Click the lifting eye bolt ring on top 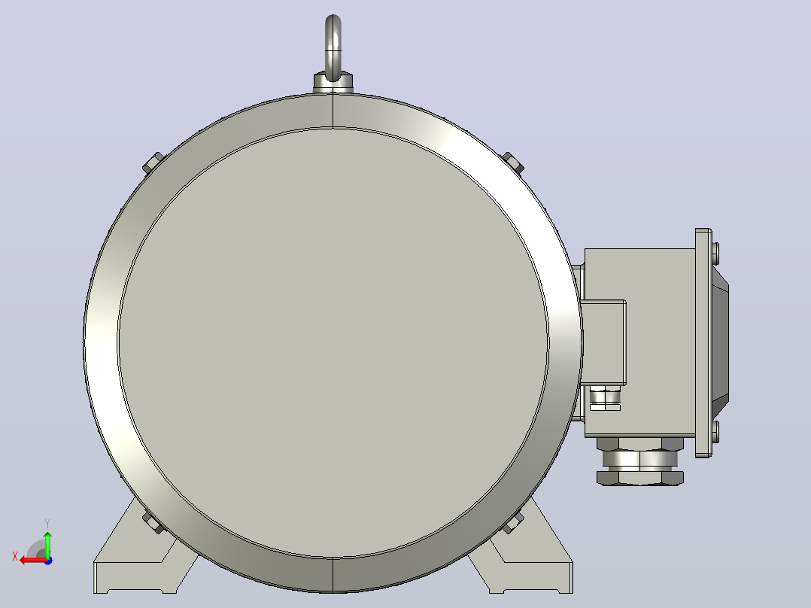(333, 21)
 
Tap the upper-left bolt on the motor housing (153, 163)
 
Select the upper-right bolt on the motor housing (514, 163)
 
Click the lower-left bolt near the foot (153, 523)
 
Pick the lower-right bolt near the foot (512, 523)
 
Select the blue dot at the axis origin (48, 561)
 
